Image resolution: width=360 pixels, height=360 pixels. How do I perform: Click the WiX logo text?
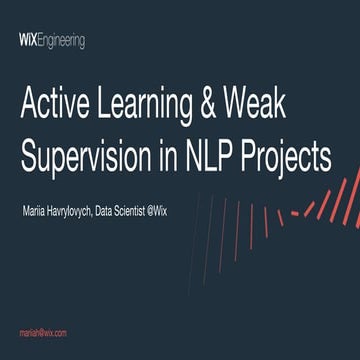click(x=28, y=41)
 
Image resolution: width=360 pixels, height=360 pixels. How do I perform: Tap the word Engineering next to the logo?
click(x=61, y=42)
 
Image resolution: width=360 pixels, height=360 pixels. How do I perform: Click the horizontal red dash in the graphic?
click(x=294, y=212)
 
